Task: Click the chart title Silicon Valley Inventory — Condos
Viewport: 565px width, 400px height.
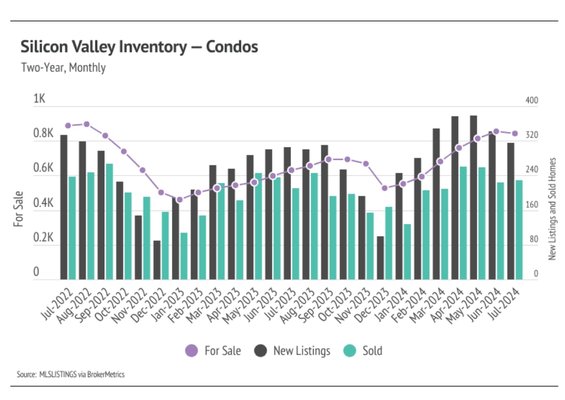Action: coord(139,47)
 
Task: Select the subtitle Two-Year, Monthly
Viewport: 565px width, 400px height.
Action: coord(63,67)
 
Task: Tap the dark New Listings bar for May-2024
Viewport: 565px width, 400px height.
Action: coord(474,197)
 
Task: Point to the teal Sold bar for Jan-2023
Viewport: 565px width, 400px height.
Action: coord(184,256)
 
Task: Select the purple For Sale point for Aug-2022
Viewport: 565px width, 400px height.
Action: coord(87,124)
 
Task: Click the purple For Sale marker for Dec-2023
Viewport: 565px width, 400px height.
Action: coord(384,188)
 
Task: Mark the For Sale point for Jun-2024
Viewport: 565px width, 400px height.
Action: coord(496,131)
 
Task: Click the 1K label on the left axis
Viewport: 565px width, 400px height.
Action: coord(39,99)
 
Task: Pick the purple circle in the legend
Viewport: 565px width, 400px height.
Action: coord(191,351)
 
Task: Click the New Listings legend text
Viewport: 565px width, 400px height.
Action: coord(302,351)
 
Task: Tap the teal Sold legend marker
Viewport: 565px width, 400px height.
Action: coord(350,351)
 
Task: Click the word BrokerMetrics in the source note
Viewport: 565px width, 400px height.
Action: coord(106,375)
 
